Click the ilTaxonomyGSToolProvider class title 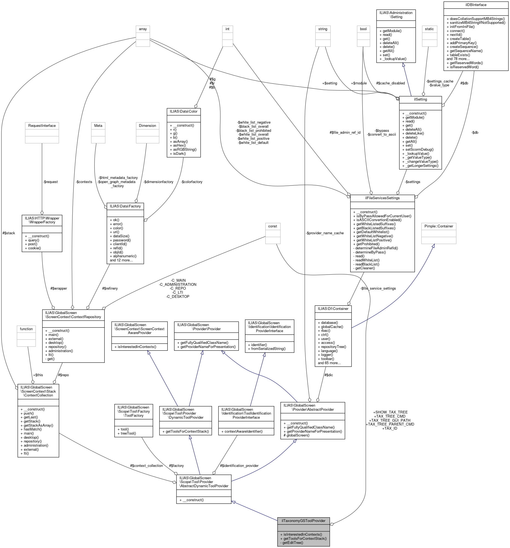tap(303, 521)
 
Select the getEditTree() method tap(292, 543)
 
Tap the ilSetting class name tap(420, 99)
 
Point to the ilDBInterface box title tap(475, 5)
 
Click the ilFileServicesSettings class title tap(382, 198)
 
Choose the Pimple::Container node tap(438, 226)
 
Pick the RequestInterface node tap(42, 126)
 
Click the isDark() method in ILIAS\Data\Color tap(179, 153)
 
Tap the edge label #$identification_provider tap(239, 466)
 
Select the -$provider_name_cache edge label tap(325, 233)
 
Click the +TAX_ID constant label tap(389, 428)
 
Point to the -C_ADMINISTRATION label tap(178, 284)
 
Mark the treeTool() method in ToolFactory tap(128, 433)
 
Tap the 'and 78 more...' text tap(458, 59)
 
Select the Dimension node tap(147, 126)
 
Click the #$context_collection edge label tap(146, 466)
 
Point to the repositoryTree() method tap(334, 347)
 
